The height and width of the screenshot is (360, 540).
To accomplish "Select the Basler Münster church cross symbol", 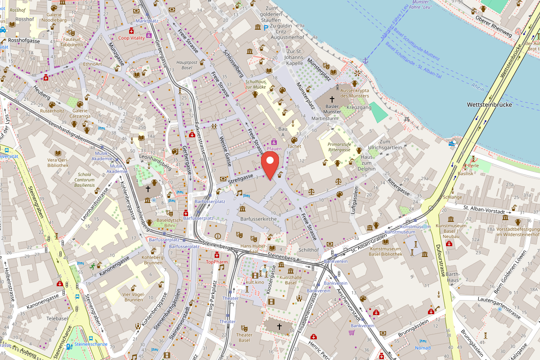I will (332, 99).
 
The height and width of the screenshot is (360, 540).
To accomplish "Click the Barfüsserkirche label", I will (258, 219).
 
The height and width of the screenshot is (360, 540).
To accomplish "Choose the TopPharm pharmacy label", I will (217, 261).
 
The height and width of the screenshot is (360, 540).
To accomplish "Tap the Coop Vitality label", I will (131, 38).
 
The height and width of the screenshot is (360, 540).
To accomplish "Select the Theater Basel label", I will (244, 337).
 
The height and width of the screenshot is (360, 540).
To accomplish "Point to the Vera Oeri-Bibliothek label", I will (58, 162).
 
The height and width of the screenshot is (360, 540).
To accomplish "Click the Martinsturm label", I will (324, 118).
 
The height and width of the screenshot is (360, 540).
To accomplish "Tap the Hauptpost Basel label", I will (187, 65).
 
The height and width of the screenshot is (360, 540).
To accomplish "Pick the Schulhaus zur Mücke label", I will (256, 84).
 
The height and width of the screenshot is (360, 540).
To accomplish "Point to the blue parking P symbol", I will (265, 27).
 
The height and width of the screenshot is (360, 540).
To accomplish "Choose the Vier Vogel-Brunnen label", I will (133, 297).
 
